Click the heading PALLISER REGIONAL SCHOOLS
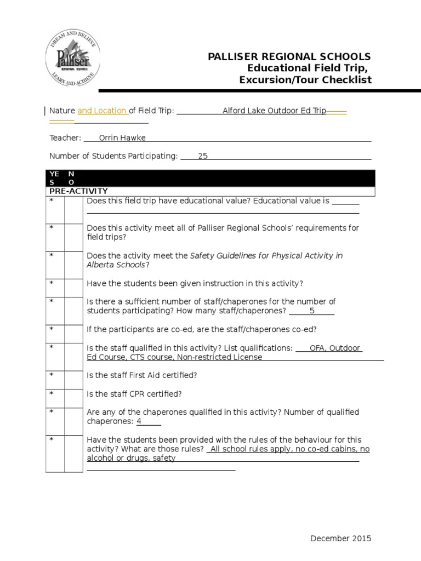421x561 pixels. click(289, 57)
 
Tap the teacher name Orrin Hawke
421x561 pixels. click(122, 138)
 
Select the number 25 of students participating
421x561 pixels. click(203, 156)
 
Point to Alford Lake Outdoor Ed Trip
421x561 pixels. click(274, 111)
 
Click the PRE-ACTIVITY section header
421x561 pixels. click(78, 191)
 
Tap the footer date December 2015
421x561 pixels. click(340, 539)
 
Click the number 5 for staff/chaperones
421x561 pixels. click(312, 311)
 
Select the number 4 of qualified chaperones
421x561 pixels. click(139, 421)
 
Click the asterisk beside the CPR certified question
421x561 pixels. click(52, 393)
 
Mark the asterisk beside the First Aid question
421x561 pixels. click(52, 375)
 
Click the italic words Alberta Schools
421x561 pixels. click(116, 265)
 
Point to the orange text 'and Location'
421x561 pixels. click(103, 111)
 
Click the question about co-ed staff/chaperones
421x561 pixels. click(202, 329)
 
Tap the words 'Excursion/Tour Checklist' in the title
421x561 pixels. click(305, 80)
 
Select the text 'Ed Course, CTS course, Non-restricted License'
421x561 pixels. click(174, 357)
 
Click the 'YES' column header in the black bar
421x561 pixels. click(54, 178)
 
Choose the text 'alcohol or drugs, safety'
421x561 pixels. click(131, 458)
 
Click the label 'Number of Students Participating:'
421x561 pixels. click(113, 156)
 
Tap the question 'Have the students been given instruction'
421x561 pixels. click(195, 283)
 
